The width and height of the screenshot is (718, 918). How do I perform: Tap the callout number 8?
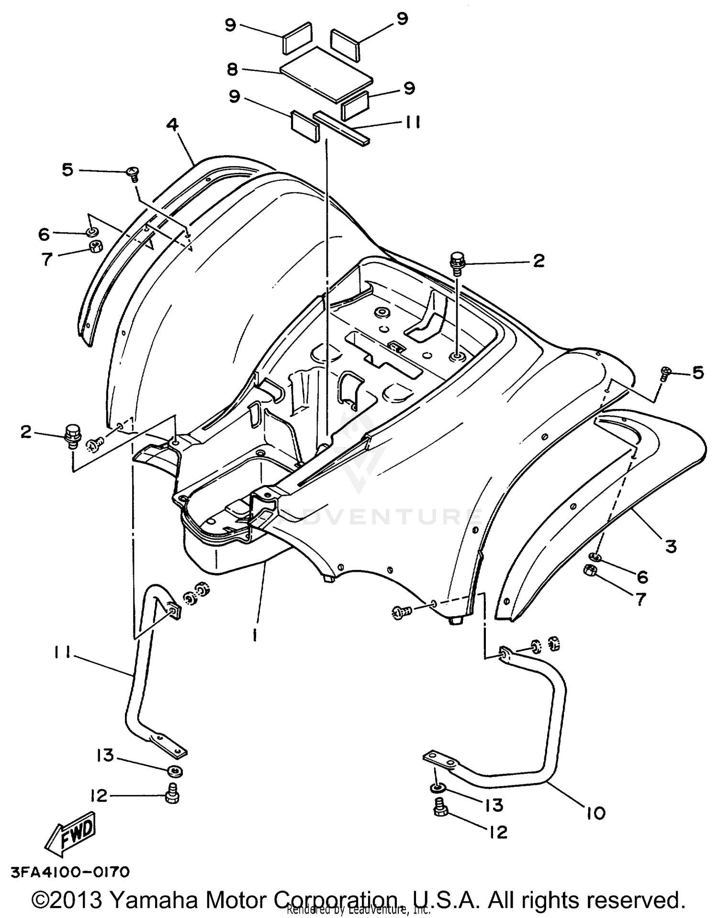coord(232,69)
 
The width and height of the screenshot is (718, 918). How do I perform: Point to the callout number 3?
coord(671,545)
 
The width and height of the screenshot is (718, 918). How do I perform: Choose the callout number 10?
coord(595,813)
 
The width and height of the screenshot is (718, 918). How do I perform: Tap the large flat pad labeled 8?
coord(326,74)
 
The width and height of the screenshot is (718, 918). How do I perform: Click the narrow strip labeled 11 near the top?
coord(342,128)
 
